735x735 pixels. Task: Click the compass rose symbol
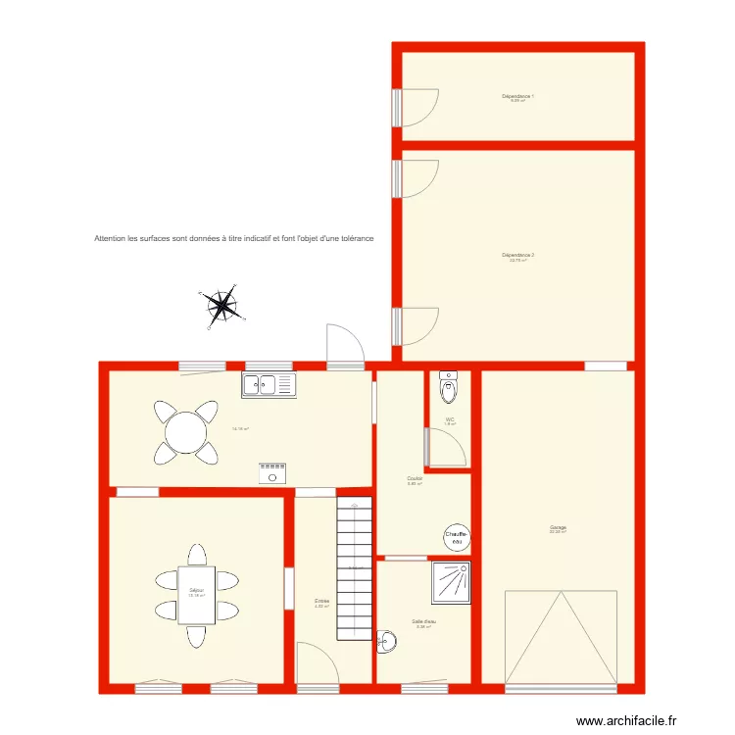click(x=222, y=306)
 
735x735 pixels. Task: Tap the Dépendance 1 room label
click(x=517, y=96)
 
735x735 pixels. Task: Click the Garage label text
click(x=558, y=528)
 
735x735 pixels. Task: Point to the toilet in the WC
click(x=449, y=387)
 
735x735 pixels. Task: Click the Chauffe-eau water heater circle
click(x=457, y=537)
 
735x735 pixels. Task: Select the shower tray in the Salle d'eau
click(x=451, y=582)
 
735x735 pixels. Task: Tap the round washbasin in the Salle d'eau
click(x=388, y=642)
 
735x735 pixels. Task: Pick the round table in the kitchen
click(x=185, y=431)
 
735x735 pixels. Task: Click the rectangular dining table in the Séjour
click(x=197, y=594)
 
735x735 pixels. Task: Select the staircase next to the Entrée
click(x=355, y=567)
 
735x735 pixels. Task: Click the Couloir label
click(x=415, y=479)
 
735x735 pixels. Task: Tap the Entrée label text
click(x=321, y=601)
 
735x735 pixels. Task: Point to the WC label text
click(x=450, y=419)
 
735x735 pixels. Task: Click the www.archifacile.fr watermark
click(x=626, y=720)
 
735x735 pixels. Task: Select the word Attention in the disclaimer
click(x=110, y=238)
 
